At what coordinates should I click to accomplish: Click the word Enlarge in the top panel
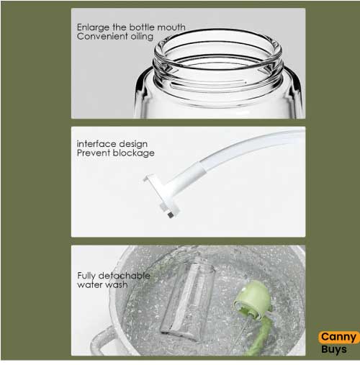point(92,27)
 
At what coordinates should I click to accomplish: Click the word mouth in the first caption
point(168,27)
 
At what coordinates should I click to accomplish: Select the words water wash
point(102,284)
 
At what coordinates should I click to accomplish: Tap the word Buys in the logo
point(335,349)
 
